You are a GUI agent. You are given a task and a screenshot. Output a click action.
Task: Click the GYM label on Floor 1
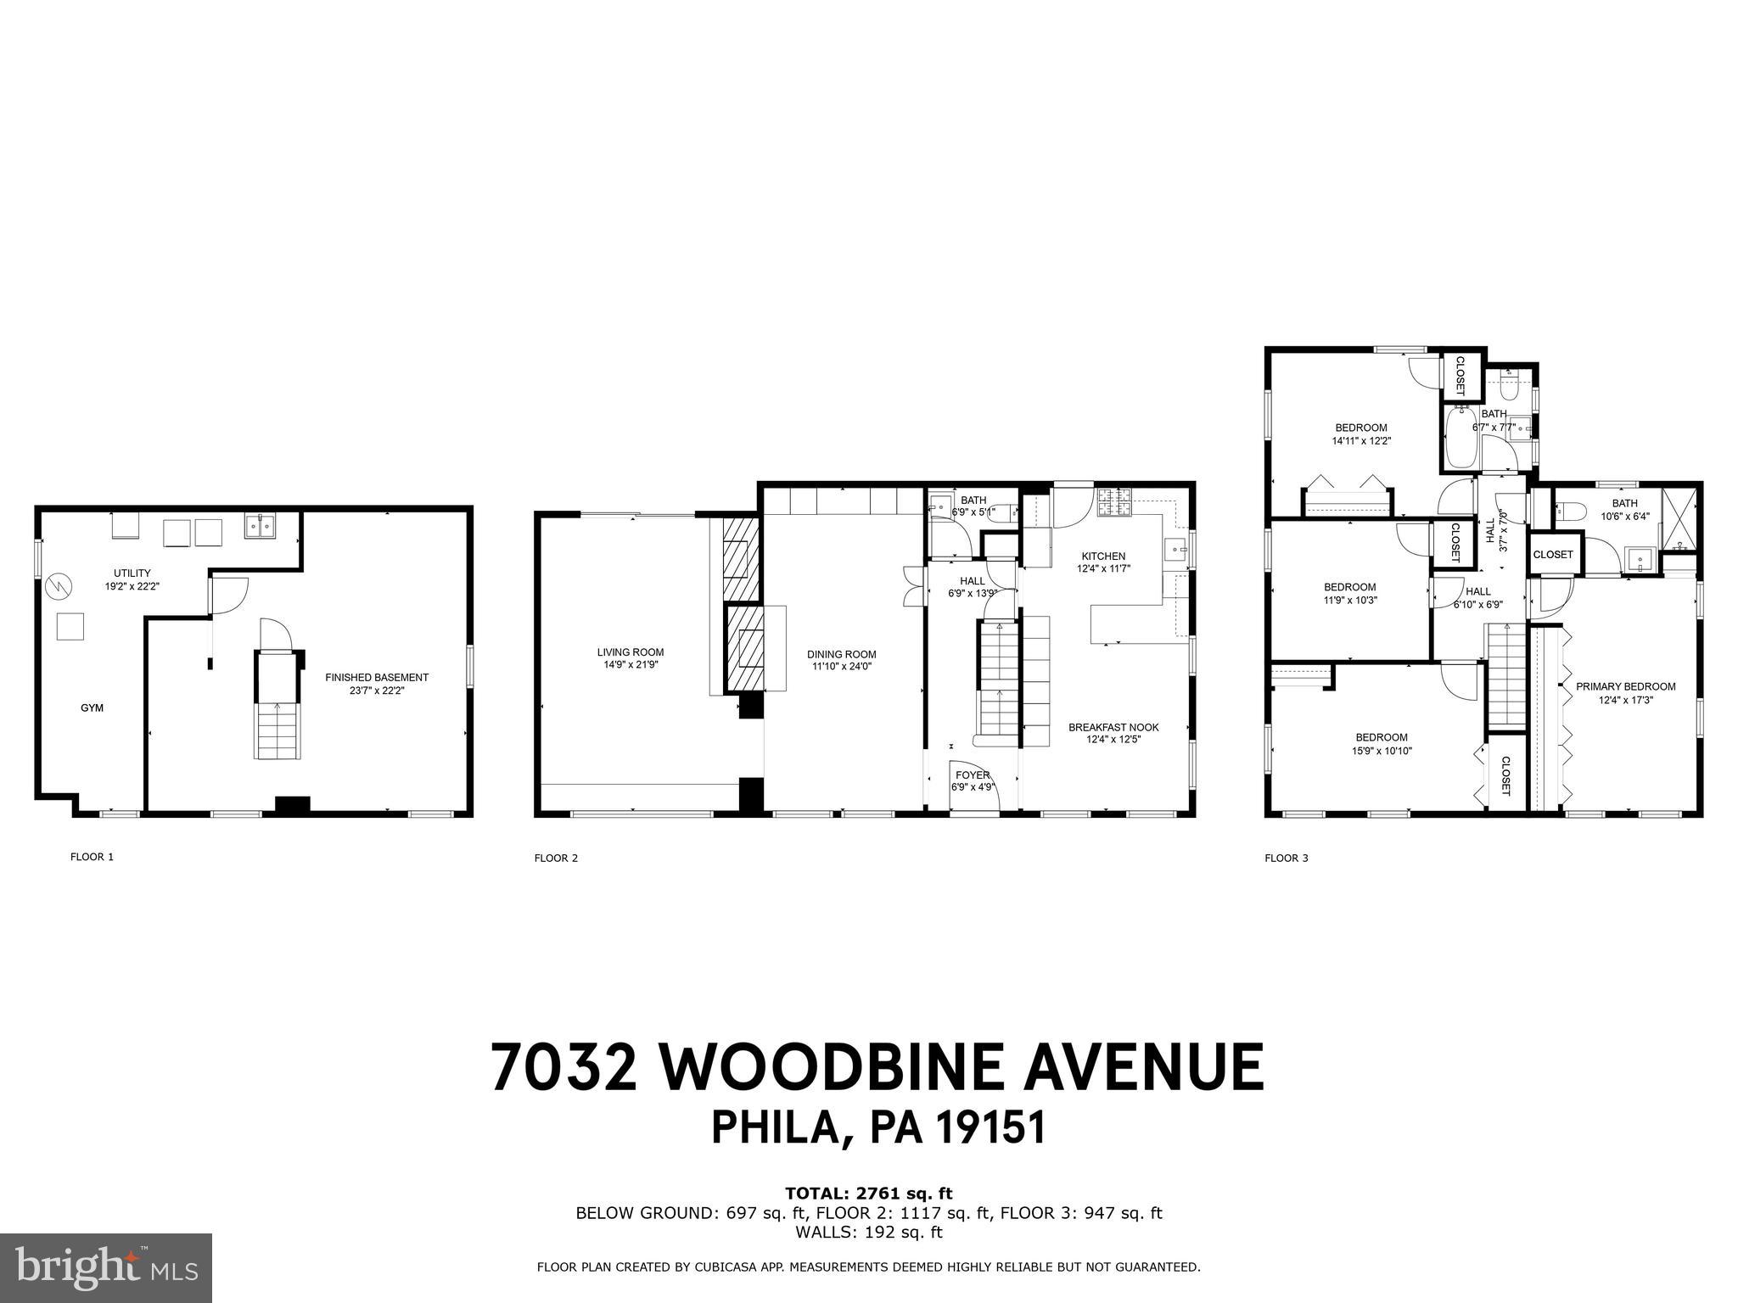point(92,707)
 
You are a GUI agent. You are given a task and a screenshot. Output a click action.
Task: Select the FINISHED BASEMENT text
point(377,677)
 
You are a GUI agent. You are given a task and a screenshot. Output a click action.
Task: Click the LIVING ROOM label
point(630,652)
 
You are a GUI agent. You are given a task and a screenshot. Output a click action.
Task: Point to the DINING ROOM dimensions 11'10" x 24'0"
point(841,666)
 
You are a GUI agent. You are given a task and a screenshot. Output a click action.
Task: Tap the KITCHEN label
point(1103,556)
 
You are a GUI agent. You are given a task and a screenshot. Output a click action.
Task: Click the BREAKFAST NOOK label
point(1113,727)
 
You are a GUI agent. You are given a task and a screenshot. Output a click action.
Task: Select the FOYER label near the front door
point(973,775)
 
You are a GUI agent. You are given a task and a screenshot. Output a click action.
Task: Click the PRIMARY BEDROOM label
point(1625,686)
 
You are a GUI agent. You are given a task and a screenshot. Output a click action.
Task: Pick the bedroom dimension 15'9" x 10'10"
point(1382,751)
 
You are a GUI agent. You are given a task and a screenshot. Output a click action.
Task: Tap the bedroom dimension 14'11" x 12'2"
point(1361,441)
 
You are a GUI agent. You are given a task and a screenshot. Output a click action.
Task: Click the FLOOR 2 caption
point(556,858)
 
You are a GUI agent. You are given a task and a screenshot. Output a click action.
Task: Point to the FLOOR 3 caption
point(1287,858)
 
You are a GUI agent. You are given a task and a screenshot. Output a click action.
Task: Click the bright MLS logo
point(106,1267)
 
